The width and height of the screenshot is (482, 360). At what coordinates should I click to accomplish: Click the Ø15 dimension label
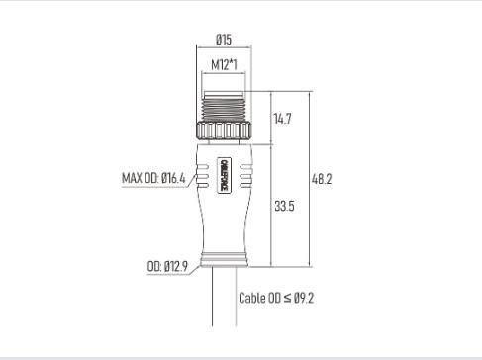tap(224, 40)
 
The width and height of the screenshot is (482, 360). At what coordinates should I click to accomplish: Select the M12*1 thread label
tap(224, 65)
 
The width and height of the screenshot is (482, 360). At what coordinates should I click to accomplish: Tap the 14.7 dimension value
tap(282, 119)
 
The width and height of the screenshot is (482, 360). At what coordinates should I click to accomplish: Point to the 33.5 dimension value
tap(284, 206)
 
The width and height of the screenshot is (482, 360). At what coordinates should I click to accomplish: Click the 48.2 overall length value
tap(322, 179)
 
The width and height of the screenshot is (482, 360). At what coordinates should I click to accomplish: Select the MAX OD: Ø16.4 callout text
tap(153, 178)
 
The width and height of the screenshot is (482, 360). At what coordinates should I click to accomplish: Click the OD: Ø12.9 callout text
tap(167, 266)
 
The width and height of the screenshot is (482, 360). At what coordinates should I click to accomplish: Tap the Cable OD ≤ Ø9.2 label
tap(276, 298)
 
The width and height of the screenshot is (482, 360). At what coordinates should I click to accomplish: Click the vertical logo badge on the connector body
tap(224, 175)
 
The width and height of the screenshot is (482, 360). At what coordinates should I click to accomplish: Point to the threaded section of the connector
tap(224, 107)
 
